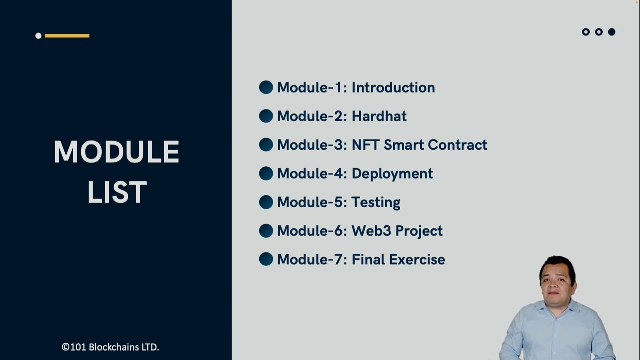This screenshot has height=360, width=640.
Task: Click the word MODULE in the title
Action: coord(116,152)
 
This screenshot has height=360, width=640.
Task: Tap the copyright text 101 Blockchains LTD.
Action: coord(110,347)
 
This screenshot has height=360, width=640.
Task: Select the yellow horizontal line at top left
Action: coord(67,36)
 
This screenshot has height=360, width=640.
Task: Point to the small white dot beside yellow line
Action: coord(38,36)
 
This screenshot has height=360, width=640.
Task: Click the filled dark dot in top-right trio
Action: coord(611,32)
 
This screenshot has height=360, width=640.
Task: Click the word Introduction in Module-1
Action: coord(393,88)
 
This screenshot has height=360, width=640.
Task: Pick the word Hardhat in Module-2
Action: coord(379,116)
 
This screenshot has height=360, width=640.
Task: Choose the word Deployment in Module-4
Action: coord(392,174)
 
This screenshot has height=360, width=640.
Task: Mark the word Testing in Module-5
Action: coord(375,202)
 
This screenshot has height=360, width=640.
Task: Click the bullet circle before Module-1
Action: coord(266,88)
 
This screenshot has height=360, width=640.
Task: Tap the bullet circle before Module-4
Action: coord(266,174)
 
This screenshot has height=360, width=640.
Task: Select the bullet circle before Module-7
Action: coord(266,259)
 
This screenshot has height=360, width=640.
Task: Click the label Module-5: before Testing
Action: coord(312,202)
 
